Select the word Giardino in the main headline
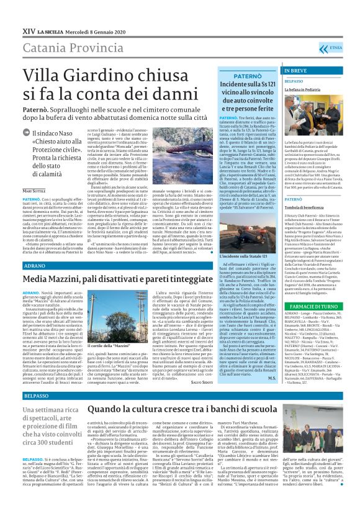(x=102, y=76)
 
